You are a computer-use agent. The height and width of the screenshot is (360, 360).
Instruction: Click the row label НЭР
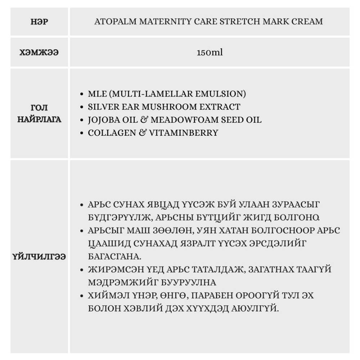pos(39,21)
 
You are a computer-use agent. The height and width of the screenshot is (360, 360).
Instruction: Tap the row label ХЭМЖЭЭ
pos(39,53)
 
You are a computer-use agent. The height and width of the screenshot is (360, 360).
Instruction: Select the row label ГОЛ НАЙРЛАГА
pos(39,113)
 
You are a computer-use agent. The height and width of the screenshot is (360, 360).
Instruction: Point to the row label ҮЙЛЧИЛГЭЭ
pos(39,257)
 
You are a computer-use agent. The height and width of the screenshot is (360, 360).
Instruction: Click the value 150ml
pos(210,53)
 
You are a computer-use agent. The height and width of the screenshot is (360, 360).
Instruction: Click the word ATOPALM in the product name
pos(112,21)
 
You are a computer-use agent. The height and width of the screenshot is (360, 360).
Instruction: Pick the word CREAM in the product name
pos(307,21)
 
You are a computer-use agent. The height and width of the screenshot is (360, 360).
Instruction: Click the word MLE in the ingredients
pos(97,94)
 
